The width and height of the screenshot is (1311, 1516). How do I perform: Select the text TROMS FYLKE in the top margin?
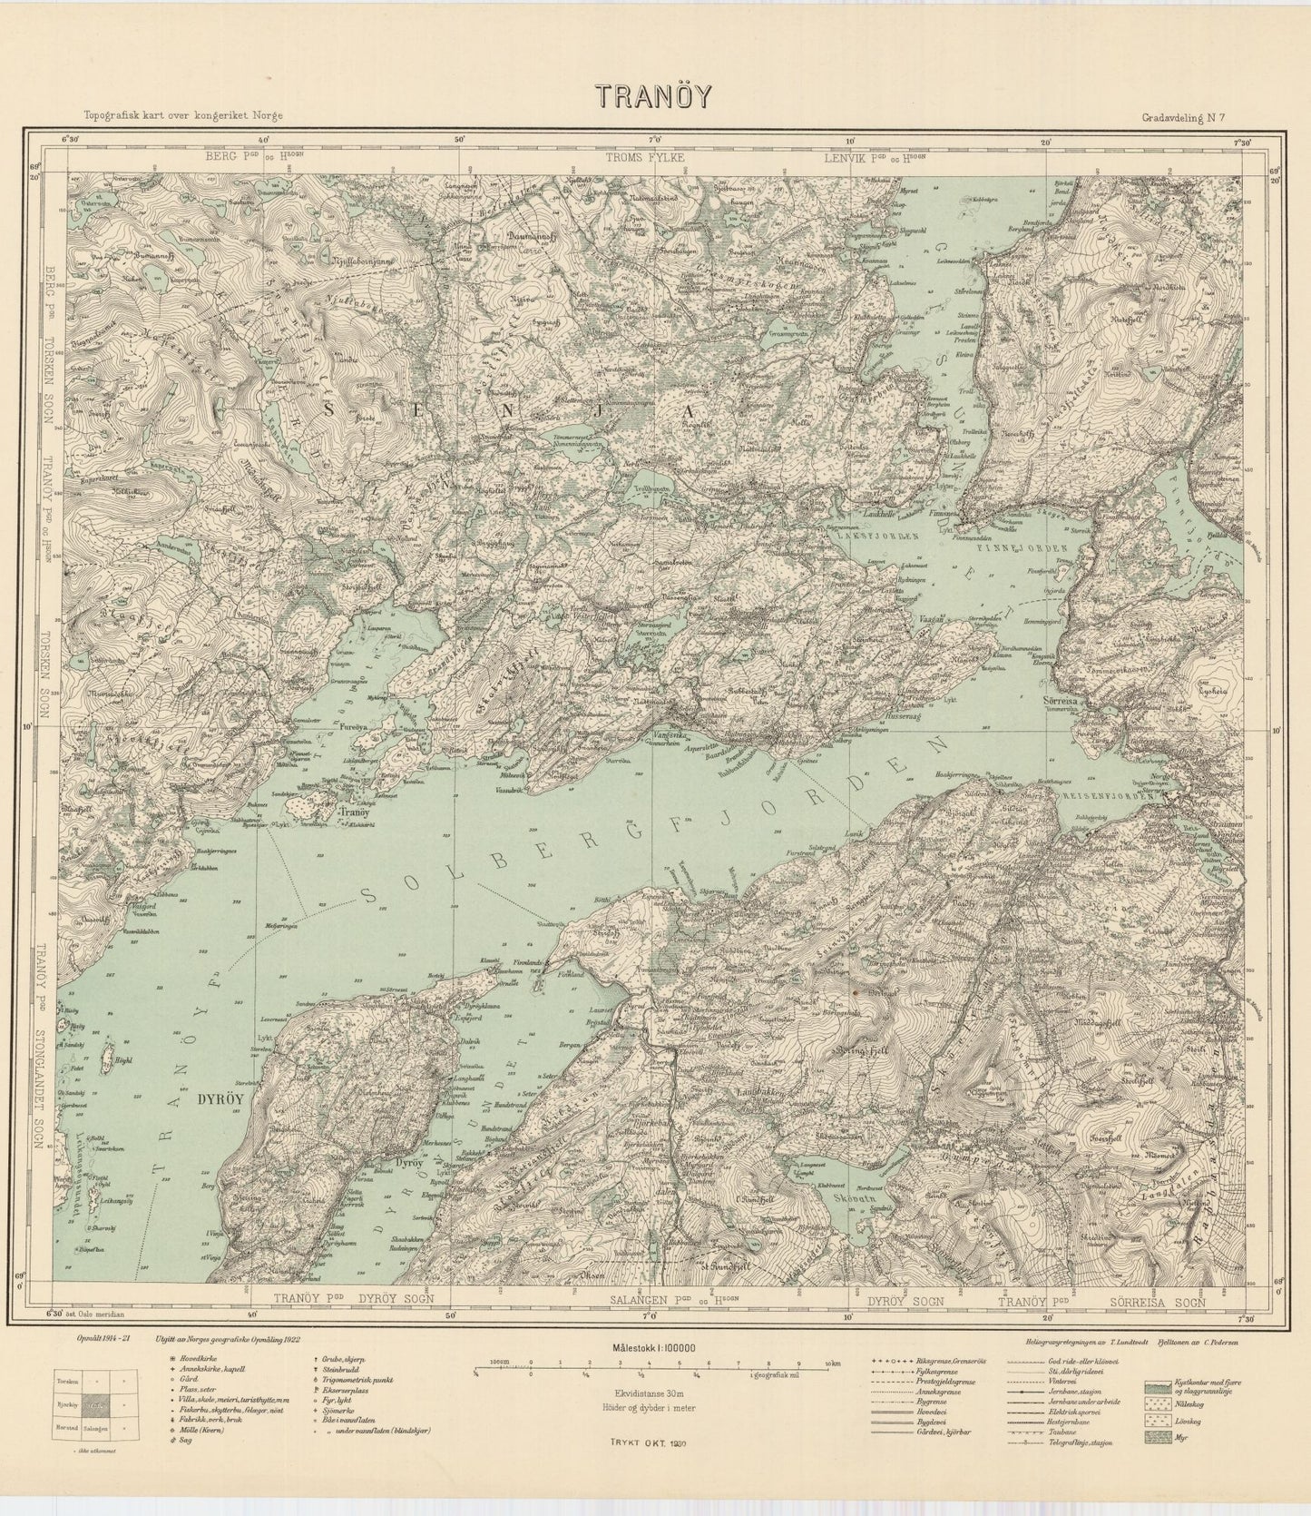[x=646, y=158]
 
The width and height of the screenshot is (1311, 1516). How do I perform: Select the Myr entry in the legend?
[x=1179, y=1439]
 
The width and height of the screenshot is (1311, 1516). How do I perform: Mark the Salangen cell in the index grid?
[x=121, y=1427]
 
